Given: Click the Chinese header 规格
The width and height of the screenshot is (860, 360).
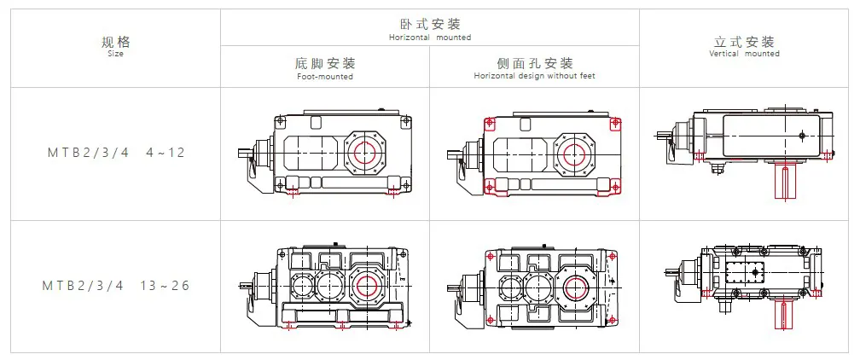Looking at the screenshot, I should [x=116, y=42].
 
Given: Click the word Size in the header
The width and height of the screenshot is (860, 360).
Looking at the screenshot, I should [x=116, y=54].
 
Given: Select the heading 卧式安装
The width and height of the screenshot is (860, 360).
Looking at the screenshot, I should [x=430, y=24].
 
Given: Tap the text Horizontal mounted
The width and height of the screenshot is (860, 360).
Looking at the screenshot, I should [x=430, y=38].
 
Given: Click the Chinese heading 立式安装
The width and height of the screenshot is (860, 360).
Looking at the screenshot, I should [x=744, y=42].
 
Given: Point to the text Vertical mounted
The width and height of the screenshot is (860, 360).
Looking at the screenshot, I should [x=744, y=54].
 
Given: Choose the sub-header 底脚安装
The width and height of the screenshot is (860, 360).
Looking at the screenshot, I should [x=325, y=64].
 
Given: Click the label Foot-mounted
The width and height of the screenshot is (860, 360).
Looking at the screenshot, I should [x=325, y=77].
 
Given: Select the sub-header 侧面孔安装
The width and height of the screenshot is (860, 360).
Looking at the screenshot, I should [x=534, y=64].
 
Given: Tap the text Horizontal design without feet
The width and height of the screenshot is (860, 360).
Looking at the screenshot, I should [x=534, y=77].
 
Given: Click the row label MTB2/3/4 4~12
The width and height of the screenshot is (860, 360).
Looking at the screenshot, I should [x=116, y=154].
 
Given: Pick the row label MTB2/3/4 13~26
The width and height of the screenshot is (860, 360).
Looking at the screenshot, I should [x=116, y=286].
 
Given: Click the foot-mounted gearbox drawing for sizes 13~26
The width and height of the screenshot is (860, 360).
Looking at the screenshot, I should [x=324, y=286].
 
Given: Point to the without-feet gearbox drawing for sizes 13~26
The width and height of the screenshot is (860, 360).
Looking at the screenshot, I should [x=534, y=287].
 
